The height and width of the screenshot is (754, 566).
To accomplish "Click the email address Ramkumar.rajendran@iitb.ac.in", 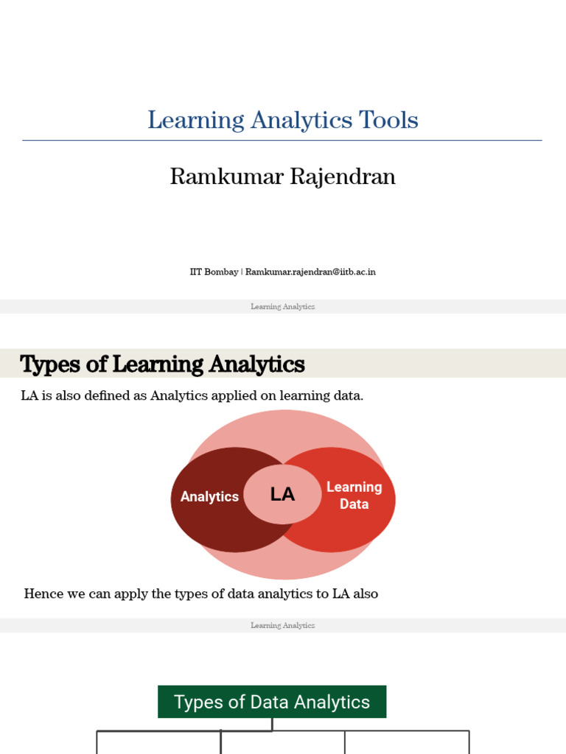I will [310, 272].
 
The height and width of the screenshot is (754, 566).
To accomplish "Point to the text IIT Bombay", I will [214, 272].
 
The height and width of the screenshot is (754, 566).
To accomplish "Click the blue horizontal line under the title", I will [282, 140].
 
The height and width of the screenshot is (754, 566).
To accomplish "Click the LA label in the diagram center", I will [282, 495].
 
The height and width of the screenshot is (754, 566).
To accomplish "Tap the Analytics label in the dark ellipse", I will [209, 497].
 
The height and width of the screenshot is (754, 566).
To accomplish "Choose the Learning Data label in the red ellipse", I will [354, 496].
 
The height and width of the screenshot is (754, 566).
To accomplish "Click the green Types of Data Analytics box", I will [272, 702].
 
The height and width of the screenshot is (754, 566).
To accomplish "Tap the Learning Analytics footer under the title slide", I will [282, 306].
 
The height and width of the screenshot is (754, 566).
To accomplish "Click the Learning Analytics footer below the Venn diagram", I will [282, 625].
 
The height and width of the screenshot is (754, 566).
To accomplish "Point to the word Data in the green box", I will [270, 702].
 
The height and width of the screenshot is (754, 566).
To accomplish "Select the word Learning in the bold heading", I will [150, 364].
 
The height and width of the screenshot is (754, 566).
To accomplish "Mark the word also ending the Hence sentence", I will [365, 593].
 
